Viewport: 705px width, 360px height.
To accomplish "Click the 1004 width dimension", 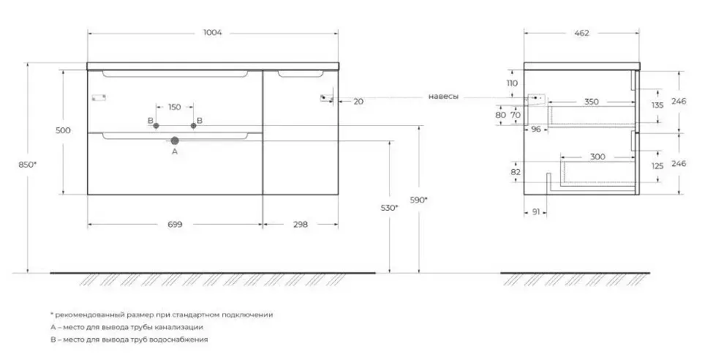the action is tap(213, 32).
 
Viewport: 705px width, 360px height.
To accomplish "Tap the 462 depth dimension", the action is tap(582, 32).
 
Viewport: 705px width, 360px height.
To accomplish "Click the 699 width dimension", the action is tap(174, 224).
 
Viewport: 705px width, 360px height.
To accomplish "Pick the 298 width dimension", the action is tap(299, 224).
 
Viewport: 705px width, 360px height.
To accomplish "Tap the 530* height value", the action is tap(390, 208).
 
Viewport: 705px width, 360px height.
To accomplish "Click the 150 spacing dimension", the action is tap(174, 108).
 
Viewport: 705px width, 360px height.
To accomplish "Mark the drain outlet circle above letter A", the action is tap(175, 140).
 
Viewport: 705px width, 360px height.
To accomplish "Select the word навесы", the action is tap(445, 97).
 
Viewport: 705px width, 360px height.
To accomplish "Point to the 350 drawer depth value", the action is tap(591, 102).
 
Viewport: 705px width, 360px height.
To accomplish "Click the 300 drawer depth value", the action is tap(596, 157).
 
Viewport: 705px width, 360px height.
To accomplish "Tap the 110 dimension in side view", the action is tap(512, 83).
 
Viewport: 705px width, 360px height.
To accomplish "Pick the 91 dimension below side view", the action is tap(535, 212).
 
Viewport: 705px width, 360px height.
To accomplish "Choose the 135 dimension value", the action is tap(657, 105).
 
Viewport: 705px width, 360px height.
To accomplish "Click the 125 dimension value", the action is tap(657, 166).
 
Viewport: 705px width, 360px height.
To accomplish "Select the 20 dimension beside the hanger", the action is tap(358, 102).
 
